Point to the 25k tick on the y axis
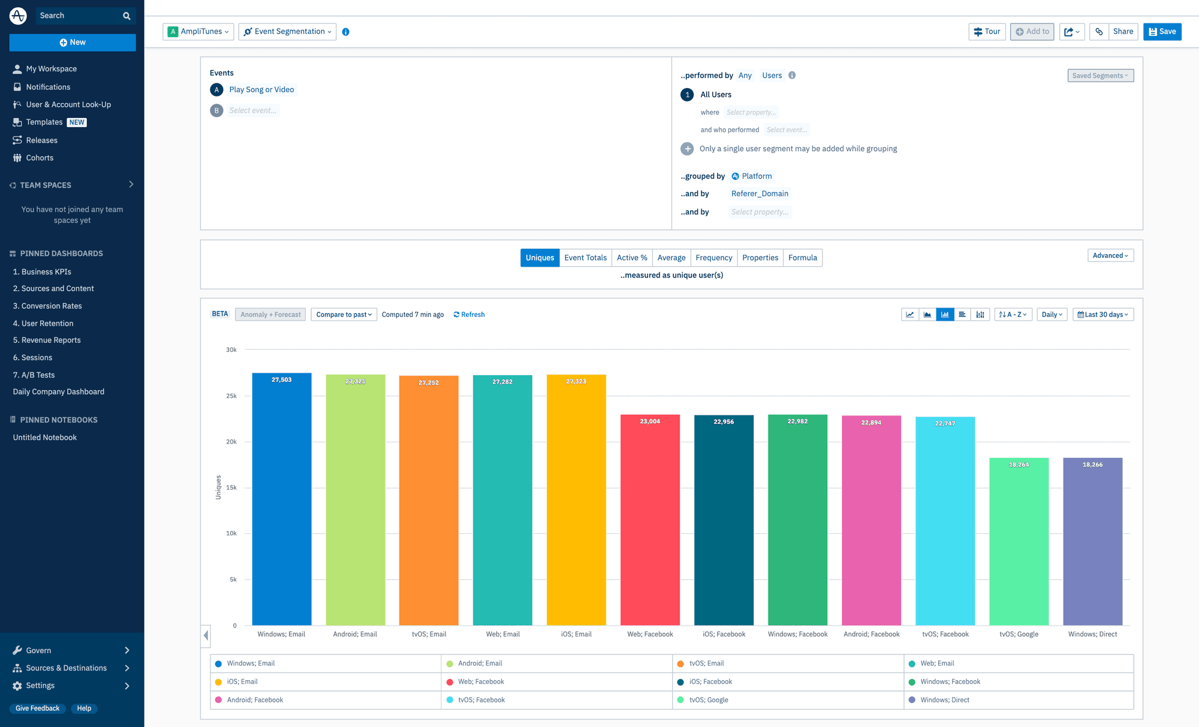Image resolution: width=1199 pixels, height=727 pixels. point(231,396)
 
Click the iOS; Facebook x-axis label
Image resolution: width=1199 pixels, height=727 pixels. point(724,634)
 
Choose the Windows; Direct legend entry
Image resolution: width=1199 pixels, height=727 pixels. point(944,700)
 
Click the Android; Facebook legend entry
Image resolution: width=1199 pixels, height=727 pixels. point(255,700)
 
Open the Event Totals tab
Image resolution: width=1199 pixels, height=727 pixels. point(585,258)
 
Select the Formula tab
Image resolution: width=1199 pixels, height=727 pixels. point(802,258)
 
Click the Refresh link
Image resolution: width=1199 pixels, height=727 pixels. point(469,315)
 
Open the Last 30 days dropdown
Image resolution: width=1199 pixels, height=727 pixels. point(1103,315)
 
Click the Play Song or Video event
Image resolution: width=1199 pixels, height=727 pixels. point(261,90)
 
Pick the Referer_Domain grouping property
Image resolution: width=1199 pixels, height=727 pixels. point(760,194)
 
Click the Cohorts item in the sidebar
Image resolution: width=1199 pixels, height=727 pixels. point(40,158)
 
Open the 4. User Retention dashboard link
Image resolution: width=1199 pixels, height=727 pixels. point(43,324)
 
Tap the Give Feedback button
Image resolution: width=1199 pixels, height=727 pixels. point(37,708)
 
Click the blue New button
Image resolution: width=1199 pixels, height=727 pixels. point(73,43)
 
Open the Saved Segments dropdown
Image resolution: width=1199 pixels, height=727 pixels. point(1100,76)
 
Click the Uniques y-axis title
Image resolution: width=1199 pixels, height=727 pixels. point(218,487)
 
